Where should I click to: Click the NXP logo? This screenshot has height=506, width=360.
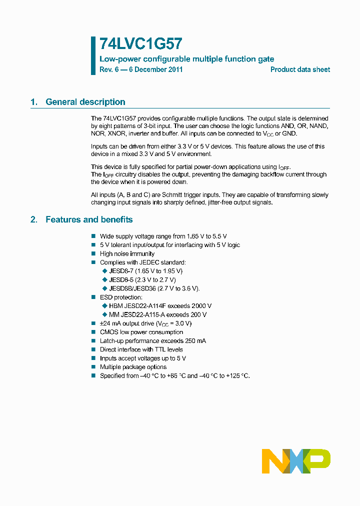296,460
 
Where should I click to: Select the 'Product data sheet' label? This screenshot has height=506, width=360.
300,69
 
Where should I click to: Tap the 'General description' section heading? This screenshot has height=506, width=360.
85,102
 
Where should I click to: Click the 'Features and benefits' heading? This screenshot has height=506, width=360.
89,219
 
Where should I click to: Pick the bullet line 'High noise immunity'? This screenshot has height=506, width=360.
127,253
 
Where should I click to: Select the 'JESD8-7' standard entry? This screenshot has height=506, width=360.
121,271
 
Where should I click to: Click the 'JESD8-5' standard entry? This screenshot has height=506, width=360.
121,279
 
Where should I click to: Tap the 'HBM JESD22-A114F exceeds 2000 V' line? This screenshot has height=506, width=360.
160,306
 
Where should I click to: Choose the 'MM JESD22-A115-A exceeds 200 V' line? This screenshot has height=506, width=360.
157,314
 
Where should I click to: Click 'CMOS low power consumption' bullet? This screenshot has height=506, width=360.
141,332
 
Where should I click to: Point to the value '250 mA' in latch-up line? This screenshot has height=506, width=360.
195,340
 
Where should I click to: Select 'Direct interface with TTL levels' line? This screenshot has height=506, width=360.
141,349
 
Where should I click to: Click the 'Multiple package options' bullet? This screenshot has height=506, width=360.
133,367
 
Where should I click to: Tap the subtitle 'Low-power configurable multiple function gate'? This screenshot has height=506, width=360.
186,59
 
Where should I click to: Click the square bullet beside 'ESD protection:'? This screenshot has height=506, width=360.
93,297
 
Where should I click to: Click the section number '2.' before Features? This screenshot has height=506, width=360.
34,219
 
